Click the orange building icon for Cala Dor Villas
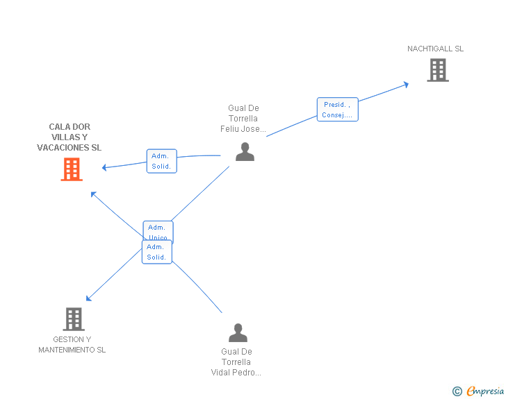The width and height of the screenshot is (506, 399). click(x=72, y=169)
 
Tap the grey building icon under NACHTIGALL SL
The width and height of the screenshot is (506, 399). click(x=437, y=70)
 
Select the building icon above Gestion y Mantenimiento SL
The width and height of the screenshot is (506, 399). click(x=74, y=319)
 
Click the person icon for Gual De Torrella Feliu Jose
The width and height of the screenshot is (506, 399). click(x=245, y=151)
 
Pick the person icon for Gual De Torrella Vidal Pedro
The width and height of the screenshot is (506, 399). click(x=238, y=333)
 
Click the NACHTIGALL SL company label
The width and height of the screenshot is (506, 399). click(x=435, y=49)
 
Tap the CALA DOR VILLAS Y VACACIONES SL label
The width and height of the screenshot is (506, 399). click(x=69, y=137)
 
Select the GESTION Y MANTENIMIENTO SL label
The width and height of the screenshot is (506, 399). click(x=72, y=345)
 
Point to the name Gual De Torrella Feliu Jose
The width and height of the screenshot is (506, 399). click(x=243, y=119)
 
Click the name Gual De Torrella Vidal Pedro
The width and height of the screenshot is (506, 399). click(x=236, y=362)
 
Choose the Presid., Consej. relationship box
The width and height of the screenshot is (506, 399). click(x=338, y=110)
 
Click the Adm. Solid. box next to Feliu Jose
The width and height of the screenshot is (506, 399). click(x=161, y=161)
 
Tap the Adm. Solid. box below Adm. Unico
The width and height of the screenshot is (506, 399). click(x=156, y=252)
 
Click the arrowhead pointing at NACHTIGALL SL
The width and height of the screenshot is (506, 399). click(x=407, y=84)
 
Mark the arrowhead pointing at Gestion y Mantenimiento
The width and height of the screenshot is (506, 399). click(x=88, y=299)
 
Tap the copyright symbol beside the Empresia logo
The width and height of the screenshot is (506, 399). click(x=457, y=392)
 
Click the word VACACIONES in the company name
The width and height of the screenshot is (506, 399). click(x=63, y=148)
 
